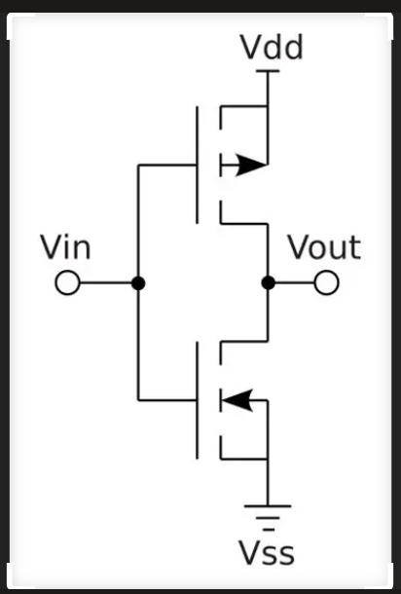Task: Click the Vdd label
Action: point(272,47)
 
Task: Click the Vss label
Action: point(267,553)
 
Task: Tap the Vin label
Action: point(65,247)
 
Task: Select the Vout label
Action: point(324,247)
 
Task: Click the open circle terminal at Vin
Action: point(67,282)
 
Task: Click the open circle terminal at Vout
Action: point(326,282)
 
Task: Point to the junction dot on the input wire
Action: point(138,283)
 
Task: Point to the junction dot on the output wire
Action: point(268,283)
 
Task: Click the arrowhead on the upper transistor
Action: point(251,166)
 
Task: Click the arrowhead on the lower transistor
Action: point(237,400)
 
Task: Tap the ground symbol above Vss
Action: point(268,517)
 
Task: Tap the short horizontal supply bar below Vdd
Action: point(268,71)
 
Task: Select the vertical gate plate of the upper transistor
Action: point(197,166)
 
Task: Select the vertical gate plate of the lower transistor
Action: point(197,400)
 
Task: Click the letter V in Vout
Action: point(300,247)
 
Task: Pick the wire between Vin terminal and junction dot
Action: point(106,282)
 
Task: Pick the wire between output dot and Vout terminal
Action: point(295,282)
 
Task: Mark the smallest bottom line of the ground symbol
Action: point(268,529)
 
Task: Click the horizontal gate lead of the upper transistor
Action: point(167,166)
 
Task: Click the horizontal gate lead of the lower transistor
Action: point(167,400)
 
